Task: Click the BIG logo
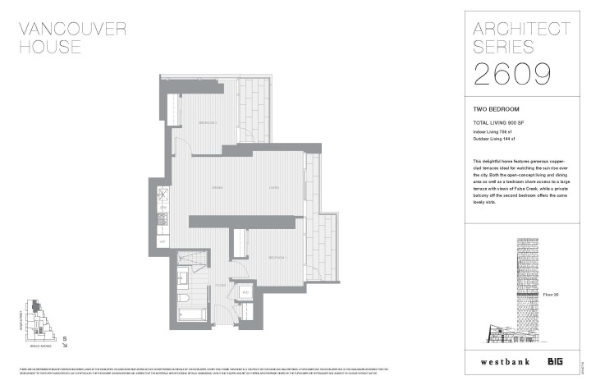coord(557,360)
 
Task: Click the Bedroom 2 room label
coord(207,123)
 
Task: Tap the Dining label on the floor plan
coord(218,188)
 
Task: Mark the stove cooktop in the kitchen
coord(163,195)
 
